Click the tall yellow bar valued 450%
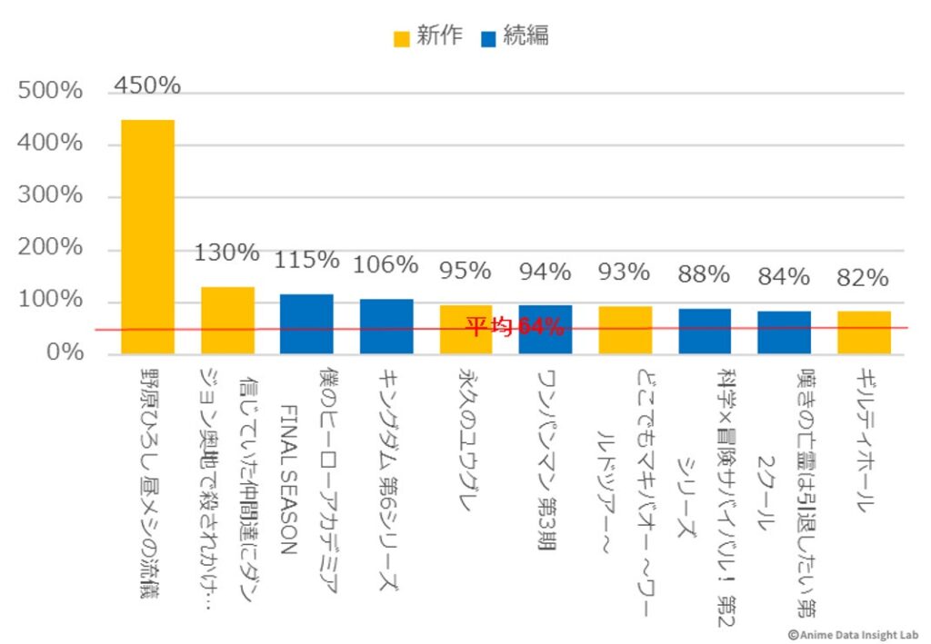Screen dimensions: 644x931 tap(147, 236)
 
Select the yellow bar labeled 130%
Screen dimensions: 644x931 tap(227, 320)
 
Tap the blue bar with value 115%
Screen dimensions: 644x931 tap(306, 323)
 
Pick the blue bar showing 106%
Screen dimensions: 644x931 tap(386, 325)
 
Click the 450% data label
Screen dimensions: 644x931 tap(147, 85)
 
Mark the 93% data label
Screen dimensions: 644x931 tap(625, 272)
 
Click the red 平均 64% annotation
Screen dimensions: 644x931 tap(515, 327)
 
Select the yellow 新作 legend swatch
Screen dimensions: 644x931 tap(401, 37)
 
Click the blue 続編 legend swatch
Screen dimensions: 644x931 tap(488, 37)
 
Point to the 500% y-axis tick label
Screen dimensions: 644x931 tap(51, 92)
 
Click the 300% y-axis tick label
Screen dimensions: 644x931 tap(51, 196)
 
